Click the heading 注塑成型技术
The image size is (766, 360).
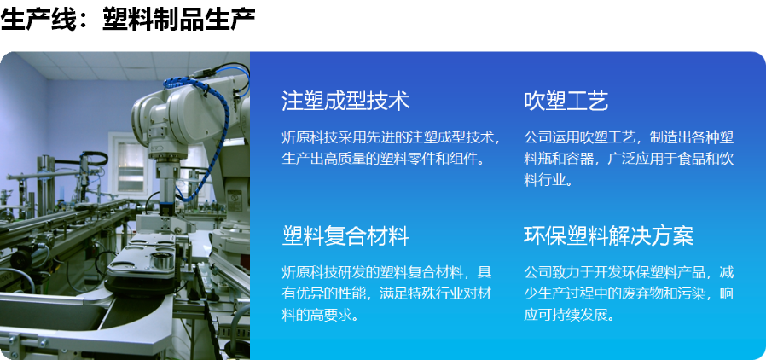coord(345,101)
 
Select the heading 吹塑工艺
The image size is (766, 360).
coord(566,101)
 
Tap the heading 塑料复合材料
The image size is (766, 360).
coord(345,235)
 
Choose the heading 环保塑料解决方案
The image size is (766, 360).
coord(608,235)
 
